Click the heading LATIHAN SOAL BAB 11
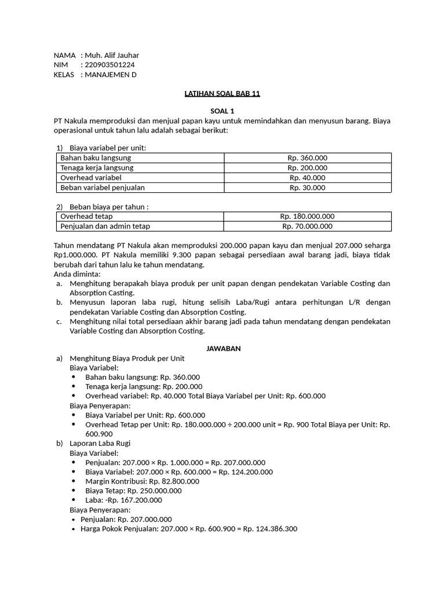coord(222,94)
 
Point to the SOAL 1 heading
coord(222,111)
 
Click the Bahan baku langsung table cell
coord(96,158)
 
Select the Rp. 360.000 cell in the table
coord(307,158)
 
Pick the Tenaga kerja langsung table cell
coord(97,167)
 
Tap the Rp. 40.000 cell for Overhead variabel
coord(307,178)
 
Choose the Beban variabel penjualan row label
coord(103,188)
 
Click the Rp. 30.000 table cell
coord(307,188)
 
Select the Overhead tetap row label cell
coord(86,217)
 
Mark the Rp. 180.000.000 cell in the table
coord(307,217)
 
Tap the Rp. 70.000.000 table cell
coord(307,226)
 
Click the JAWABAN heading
coord(224,348)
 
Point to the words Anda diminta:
coord(77,274)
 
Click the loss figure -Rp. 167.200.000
coord(133,500)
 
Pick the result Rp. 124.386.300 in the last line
coord(269,529)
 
